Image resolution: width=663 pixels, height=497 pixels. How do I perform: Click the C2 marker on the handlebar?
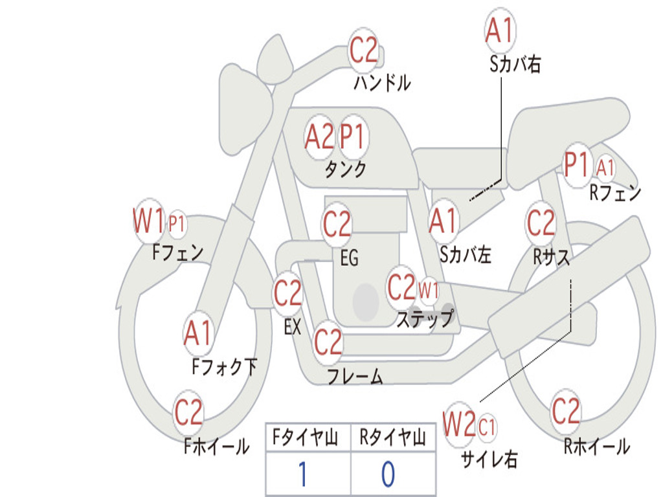click(x=363, y=50)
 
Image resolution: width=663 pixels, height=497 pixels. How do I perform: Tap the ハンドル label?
click(x=382, y=82)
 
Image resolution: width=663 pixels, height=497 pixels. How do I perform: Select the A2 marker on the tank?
click(x=319, y=137)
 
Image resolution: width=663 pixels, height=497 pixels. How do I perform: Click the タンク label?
click(x=346, y=169)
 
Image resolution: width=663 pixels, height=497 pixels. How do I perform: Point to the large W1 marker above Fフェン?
click(x=148, y=221)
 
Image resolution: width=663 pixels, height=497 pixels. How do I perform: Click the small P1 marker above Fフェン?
click(x=177, y=223)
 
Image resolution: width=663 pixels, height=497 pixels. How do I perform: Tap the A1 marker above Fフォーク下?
click(x=197, y=333)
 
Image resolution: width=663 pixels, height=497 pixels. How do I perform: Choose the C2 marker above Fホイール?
click(x=188, y=412)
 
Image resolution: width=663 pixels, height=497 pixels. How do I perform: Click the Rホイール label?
click(x=596, y=447)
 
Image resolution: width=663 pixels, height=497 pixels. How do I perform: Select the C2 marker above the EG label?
click(x=337, y=223)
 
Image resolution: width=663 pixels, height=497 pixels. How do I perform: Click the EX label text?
click(x=292, y=326)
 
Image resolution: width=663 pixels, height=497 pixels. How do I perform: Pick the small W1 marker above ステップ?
click(x=429, y=291)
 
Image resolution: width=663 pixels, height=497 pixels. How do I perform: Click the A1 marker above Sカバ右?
click(x=500, y=30)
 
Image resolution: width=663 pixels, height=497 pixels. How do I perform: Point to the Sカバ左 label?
click(x=465, y=255)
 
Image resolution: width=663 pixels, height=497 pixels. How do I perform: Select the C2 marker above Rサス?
click(x=541, y=223)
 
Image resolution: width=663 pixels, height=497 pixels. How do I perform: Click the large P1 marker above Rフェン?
click(x=577, y=164)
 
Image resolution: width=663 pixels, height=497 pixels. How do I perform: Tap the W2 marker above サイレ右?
click(x=459, y=424)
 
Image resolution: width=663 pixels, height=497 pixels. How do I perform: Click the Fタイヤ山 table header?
click(x=305, y=437)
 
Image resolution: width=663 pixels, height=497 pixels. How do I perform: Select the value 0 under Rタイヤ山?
click(x=388, y=474)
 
